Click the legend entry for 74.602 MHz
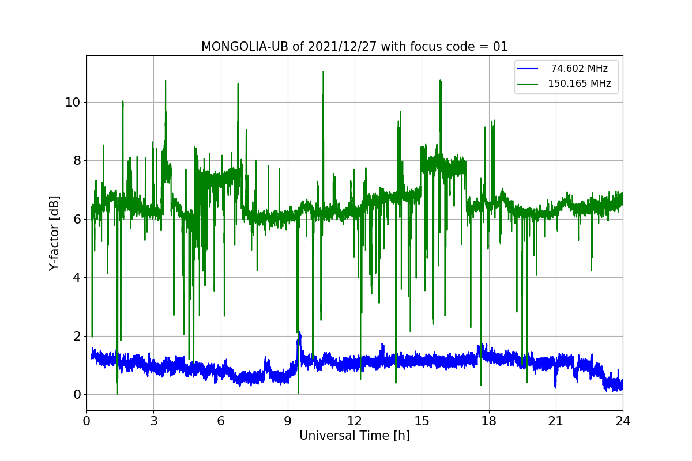coord(579,69)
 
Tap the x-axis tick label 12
coord(355,421)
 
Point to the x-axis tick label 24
coord(623,421)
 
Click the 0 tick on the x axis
coord(86,421)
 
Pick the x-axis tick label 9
coord(288,421)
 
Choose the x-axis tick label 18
coord(489,421)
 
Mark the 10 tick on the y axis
coord(73,103)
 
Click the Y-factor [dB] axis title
coord(54,233)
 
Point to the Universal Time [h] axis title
coord(354,436)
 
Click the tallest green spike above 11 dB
coord(323,72)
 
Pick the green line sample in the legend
coord(528,84)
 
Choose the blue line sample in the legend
coord(528,69)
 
